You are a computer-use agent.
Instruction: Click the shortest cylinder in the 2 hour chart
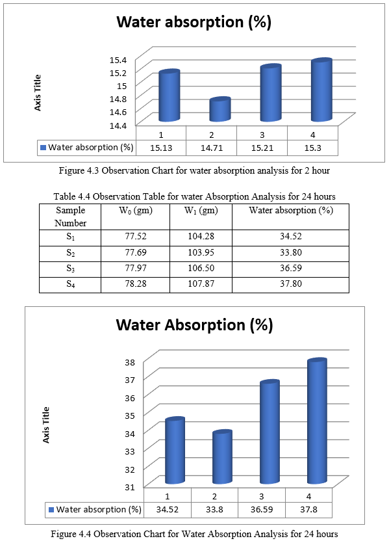pos(220,109)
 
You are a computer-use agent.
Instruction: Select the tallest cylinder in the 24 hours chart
pos(317,421)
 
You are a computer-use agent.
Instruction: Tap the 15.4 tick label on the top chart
pos(118,60)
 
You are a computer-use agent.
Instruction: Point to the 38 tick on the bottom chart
pos(130,362)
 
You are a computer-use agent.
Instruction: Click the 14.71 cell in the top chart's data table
pos(212,148)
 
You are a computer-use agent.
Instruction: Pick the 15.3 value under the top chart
pos(312,148)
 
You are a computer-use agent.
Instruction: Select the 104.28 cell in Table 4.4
pos(201,236)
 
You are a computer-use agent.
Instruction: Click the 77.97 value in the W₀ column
pos(136,268)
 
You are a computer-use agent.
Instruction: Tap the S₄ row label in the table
pos(70,284)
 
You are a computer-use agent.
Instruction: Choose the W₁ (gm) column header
pos(201,211)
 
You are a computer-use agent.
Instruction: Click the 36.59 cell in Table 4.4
pos(290,268)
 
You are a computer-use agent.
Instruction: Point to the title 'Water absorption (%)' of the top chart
pos(194,21)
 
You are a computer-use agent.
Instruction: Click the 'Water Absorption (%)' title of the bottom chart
pos(194,325)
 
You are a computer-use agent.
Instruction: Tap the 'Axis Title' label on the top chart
pos(38,93)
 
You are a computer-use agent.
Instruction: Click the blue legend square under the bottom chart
pos(51,510)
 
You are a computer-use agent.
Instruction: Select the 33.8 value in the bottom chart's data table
pos(214,510)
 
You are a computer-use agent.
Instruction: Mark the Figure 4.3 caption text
pos(194,170)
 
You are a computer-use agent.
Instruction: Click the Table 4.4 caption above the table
pos(194,196)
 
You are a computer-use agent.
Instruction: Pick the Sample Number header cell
pos(70,217)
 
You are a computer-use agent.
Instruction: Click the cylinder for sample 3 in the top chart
pos(271,93)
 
